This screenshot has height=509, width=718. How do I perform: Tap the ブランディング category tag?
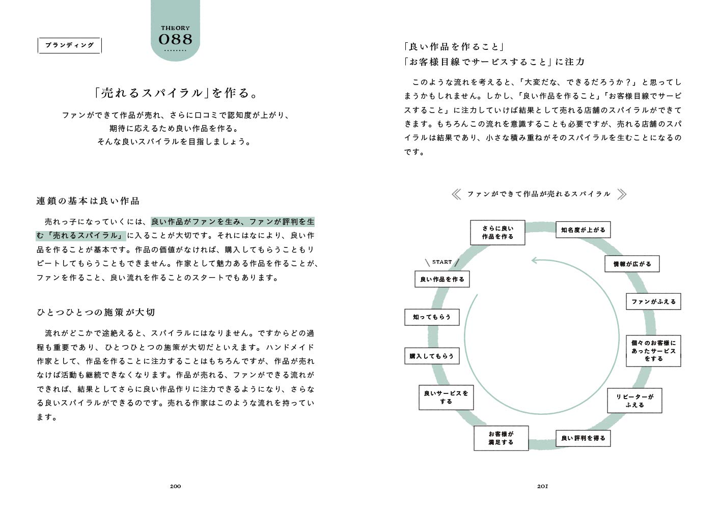[70, 45]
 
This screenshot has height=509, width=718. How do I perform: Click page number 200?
[175, 486]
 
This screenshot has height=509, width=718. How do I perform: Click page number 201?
[542, 486]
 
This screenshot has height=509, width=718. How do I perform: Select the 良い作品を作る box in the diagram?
[442, 279]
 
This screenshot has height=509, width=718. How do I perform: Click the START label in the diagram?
[442, 262]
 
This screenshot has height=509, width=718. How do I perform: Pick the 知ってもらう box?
[432, 317]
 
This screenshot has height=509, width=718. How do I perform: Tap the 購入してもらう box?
[431, 356]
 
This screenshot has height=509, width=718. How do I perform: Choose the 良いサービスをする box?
[446, 398]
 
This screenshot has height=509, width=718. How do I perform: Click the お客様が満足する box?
[501, 438]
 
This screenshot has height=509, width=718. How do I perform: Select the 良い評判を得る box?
[583, 438]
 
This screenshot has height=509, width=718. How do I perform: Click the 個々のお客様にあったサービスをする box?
[653, 351]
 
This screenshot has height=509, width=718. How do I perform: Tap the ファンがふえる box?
[653, 302]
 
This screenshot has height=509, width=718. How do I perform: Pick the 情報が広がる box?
[632, 264]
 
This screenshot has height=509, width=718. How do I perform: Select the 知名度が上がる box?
[583, 230]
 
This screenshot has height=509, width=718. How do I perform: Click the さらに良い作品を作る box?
[498, 233]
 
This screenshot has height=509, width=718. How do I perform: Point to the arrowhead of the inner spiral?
[535, 261]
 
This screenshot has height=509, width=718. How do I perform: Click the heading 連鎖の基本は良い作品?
[88, 201]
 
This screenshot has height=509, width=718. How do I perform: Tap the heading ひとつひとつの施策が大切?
[96, 313]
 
